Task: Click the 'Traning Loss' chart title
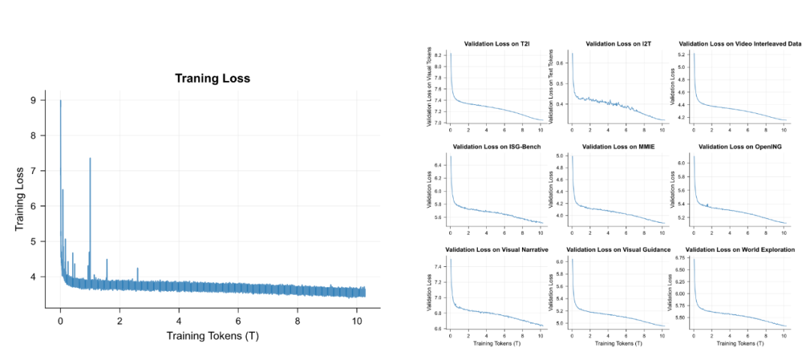[212, 78]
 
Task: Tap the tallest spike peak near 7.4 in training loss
[90, 158]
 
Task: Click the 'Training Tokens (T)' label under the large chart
[212, 335]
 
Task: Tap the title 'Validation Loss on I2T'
[617, 44]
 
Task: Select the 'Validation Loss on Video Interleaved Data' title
[739, 44]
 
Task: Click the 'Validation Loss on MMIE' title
[617, 146]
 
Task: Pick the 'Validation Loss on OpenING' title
[739, 146]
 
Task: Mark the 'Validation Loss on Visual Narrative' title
[497, 249]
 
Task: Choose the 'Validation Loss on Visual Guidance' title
[617, 249]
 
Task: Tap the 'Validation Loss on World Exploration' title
[739, 249]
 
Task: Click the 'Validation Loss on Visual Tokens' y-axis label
[430, 87]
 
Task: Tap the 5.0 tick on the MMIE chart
[562, 156]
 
